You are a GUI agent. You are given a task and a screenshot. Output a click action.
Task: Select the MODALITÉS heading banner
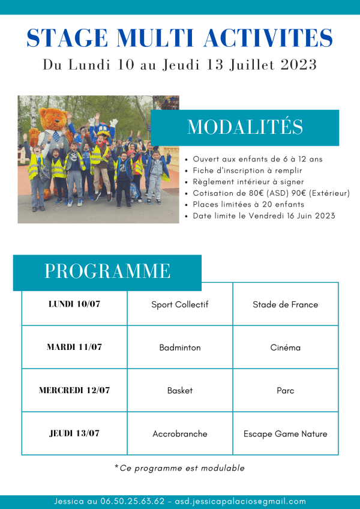(x=245, y=127)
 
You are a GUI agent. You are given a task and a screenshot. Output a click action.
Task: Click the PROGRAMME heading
(x=107, y=271)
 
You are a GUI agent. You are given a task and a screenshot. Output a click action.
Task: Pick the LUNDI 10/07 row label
(x=74, y=304)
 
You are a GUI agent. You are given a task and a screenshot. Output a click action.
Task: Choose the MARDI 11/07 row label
(x=74, y=347)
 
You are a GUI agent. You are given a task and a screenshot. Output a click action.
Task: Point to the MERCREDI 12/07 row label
(x=74, y=390)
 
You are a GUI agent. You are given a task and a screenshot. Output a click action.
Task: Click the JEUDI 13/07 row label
(x=74, y=433)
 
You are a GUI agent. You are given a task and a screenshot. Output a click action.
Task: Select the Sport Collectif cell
(x=180, y=304)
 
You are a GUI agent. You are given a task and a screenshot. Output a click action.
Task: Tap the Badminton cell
(x=180, y=348)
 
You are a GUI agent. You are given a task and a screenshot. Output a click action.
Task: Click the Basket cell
(x=180, y=390)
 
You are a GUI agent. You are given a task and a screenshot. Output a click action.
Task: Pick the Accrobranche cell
(x=180, y=433)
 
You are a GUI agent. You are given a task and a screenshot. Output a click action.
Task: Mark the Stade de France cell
(x=286, y=304)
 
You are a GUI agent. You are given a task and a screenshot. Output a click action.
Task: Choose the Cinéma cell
(x=286, y=348)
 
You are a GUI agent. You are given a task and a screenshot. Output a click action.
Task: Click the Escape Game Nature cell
(x=286, y=433)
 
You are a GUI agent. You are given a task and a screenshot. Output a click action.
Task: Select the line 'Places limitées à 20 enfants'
(x=248, y=204)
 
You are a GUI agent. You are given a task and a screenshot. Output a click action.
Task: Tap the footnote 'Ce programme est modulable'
(x=179, y=468)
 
